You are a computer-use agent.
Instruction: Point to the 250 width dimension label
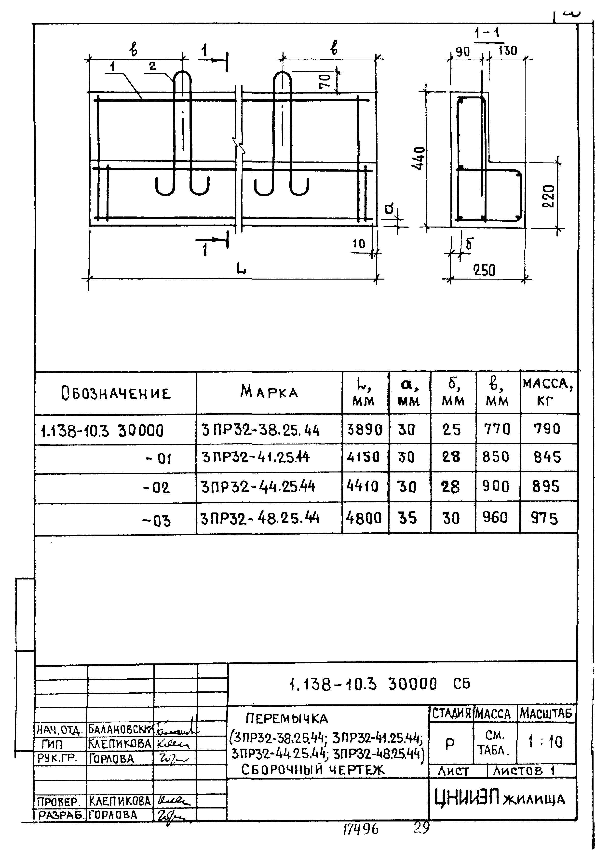coord(484,270)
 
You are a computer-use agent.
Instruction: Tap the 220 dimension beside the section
coord(548,196)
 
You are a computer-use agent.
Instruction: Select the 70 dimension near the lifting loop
coord(325,80)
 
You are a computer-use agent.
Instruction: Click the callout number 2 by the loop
coord(152,66)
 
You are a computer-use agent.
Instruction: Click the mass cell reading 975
coord(544,518)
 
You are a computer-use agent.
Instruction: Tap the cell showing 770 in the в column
coord(497,429)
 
